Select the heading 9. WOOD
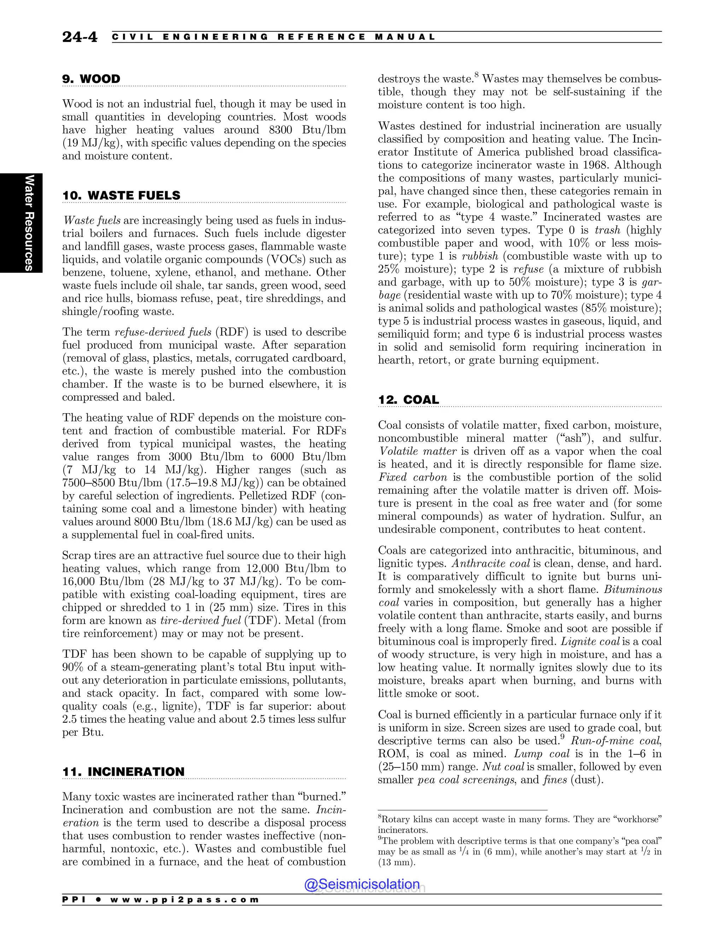(x=91, y=79)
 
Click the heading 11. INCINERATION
(x=123, y=772)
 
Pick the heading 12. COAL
(x=408, y=400)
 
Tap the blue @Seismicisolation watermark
(x=362, y=884)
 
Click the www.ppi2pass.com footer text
(x=185, y=900)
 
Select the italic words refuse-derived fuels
(x=163, y=332)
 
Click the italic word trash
(x=607, y=230)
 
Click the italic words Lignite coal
(x=590, y=641)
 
